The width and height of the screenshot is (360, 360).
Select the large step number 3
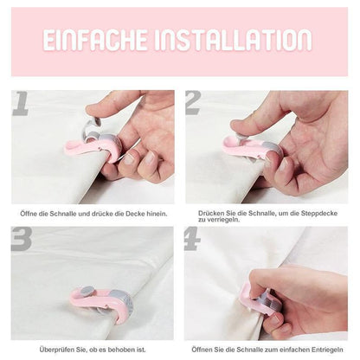pyautogui.click(x=22, y=240)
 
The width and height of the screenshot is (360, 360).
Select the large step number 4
pyautogui.click(x=193, y=240)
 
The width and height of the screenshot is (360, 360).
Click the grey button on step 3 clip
pyautogui.click(x=89, y=290)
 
